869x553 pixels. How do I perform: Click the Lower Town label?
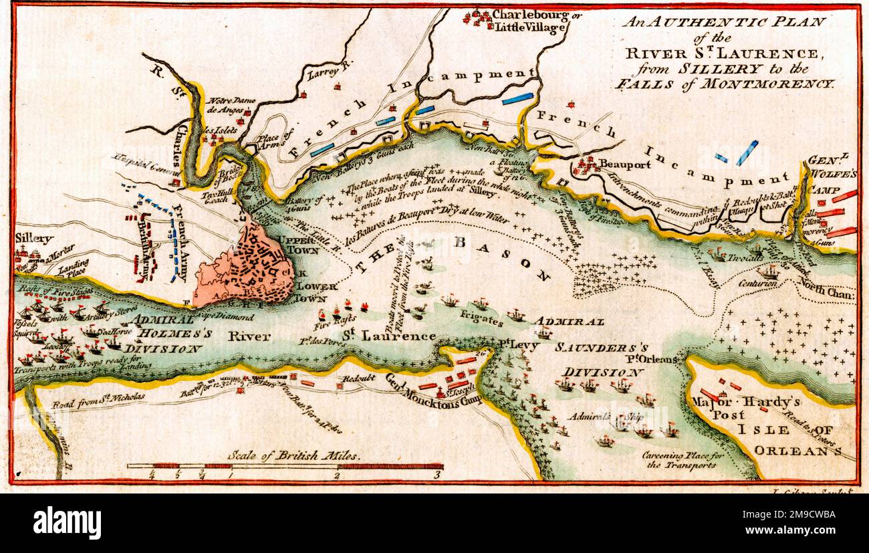point(309,292)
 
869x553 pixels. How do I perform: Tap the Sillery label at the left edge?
point(34,238)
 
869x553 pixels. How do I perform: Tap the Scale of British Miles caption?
point(293,455)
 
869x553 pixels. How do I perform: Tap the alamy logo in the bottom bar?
point(67,523)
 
